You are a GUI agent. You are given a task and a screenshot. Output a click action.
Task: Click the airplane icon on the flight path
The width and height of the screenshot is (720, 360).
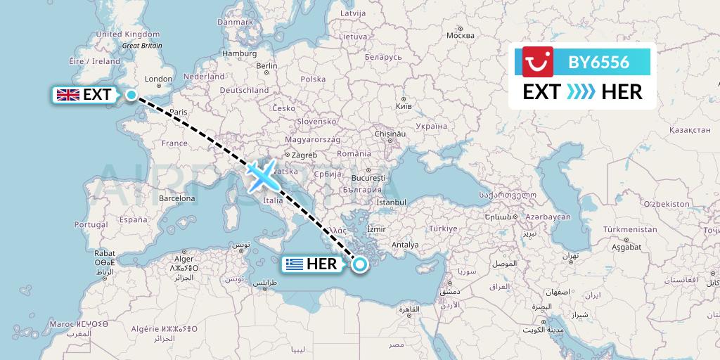pos(262,174)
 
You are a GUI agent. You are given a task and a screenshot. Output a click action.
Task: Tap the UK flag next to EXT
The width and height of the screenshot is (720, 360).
pos(67,95)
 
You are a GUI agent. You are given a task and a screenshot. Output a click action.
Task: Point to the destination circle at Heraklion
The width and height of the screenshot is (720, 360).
pos(360,264)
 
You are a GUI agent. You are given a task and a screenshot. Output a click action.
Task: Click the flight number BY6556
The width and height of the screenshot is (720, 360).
pos(599,62)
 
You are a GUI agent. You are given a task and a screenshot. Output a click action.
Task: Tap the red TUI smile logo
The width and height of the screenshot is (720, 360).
pos(539,61)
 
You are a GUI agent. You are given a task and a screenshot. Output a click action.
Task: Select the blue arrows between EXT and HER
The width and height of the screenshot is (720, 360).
pos(581,91)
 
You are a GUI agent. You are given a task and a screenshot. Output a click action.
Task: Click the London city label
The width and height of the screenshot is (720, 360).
pos(159,79)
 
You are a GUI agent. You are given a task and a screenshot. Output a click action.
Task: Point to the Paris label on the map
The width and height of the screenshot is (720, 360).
pos(179,112)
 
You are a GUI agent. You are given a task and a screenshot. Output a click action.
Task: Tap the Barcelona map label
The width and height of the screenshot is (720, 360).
pos(176,198)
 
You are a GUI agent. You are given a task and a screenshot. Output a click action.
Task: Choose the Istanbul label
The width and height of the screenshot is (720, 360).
pos(392,202)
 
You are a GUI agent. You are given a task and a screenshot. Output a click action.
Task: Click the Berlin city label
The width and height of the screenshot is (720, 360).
pos(267,65)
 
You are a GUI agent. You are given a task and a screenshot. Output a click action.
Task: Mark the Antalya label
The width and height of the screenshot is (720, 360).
pos(405,245)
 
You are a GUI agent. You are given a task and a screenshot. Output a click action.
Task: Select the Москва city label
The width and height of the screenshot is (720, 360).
pos(461,35)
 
